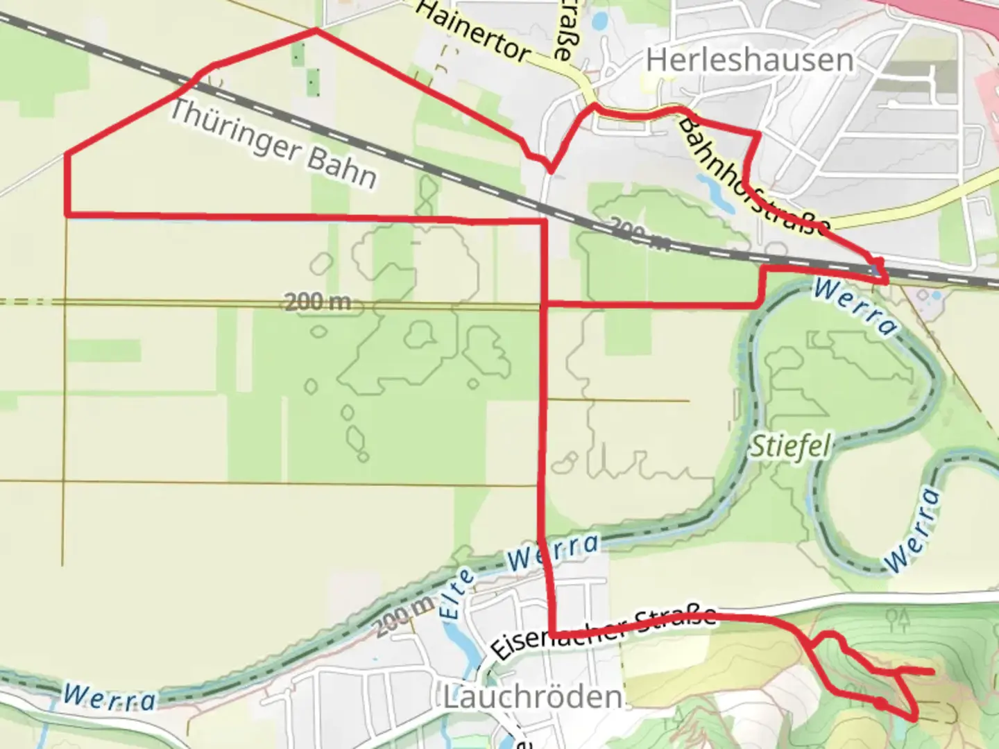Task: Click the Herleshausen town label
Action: (x=749, y=60)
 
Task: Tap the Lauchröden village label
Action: (x=533, y=697)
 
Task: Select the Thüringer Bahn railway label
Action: (x=273, y=144)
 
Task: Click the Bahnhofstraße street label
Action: (x=753, y=176)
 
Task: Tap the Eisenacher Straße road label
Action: (x=604, y=632)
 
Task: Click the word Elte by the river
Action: (x=459, y=594)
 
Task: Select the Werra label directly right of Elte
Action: (x=553, y=552)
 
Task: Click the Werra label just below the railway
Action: (x=855, y=306)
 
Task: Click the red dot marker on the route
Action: (x=879, y=703)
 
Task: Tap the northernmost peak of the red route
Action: (x=316, y=29)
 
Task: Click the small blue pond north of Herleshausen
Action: (x=599, y=20)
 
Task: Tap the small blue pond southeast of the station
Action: (x=937, y=295)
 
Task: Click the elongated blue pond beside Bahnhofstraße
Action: (x=718, y=193)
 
